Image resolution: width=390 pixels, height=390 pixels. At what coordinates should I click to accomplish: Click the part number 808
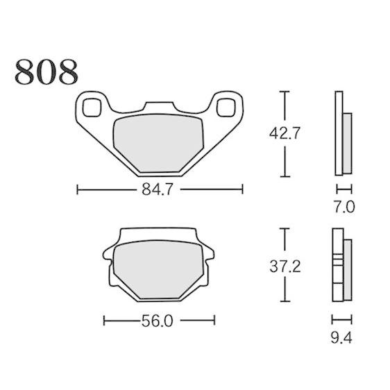tap(46, 72)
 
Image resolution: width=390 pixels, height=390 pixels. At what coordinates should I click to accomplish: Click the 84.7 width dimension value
tap(158, 189)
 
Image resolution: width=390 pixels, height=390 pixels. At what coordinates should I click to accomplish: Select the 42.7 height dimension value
tap(285, 133)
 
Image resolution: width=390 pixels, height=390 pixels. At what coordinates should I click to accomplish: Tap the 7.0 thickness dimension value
tap(344, 207)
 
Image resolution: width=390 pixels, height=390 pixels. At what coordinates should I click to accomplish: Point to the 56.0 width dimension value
tap(158, 321)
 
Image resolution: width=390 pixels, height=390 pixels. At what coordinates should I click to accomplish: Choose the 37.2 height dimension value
tap(285, 266)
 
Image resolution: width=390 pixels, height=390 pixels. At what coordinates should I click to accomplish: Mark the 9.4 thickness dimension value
tap(341, 338)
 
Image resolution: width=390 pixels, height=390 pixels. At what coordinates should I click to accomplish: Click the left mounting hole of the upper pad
tap(92, 108)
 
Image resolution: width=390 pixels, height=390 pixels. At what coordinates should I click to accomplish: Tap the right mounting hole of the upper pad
tap(226, 108)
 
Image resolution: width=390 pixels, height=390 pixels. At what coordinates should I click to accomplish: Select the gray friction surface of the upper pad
tap(158, 143)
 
